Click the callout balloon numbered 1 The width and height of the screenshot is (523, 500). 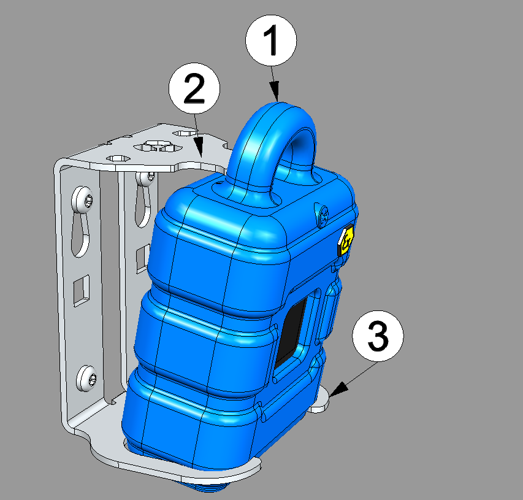click(x=271, y=40)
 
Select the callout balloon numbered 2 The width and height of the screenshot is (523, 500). click(x=194, y=88)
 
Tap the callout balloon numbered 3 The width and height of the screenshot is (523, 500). click(x=378, y=336)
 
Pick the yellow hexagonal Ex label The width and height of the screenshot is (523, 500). click(x=346, y=240)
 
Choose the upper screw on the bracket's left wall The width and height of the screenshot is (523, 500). click(x=82, y=199)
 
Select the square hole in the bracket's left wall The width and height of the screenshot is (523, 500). click(x=82, y=290)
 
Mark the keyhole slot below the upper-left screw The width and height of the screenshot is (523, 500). click(x=80, y=234)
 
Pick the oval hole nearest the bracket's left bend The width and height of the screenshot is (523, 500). click(x=117, y=158)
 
